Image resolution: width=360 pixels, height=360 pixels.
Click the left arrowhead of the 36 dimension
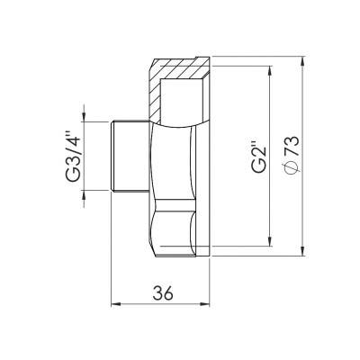[113, 306]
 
